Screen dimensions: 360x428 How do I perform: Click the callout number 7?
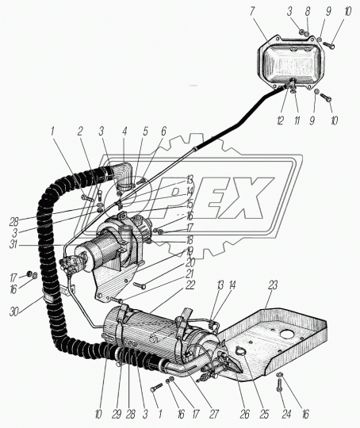[252, 12]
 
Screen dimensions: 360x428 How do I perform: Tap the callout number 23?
[273, 285]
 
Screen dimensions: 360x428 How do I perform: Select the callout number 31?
[13, 244]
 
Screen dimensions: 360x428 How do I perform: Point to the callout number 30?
[14, 311]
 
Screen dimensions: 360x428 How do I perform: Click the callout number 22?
[190, 285]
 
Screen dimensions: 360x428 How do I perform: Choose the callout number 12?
[281, 120]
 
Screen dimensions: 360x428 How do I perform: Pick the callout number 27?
[213, 414]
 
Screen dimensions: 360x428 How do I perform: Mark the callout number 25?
[264, 414]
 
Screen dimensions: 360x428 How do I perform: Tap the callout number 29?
[117, 414]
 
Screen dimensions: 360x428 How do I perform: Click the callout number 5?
[145, 132]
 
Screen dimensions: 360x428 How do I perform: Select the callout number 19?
[190, 251]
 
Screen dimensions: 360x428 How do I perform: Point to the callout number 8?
[308, 12]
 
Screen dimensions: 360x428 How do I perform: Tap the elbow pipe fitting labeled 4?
[124, 175]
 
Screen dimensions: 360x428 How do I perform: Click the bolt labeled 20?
[140, 285]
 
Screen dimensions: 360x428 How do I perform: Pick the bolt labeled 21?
[117, 300]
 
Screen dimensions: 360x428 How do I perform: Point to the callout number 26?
[244, 414]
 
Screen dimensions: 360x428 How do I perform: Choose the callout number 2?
[80, 132]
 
